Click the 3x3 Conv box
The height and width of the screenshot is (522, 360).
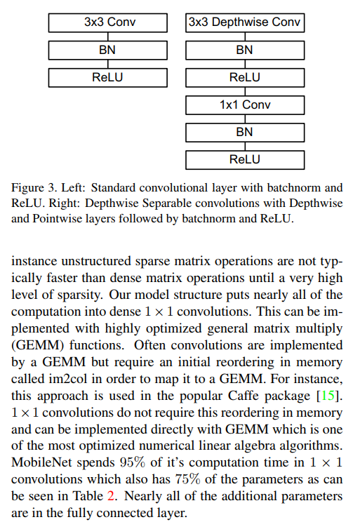pos(108,22)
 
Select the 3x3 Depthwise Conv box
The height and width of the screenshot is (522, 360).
pos(245,22)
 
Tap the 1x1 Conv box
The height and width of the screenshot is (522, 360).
pos(245,105)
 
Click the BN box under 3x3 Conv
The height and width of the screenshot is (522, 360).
pos(108,51)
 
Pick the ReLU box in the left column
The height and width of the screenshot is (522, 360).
pos(108,78)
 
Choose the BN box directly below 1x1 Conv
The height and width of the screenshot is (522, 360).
pos(245,133)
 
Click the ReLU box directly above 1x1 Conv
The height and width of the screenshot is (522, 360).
pos(245,78)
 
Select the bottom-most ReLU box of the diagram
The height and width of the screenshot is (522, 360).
pos(245,160)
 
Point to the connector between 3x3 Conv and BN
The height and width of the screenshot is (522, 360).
pos(108,36)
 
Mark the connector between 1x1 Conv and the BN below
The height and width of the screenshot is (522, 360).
pos(245,119)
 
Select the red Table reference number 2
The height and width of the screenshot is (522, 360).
pos(111,496)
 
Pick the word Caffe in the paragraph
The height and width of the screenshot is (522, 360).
pos(244,396)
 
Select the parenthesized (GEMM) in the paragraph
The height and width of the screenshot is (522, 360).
pos(38,345)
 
